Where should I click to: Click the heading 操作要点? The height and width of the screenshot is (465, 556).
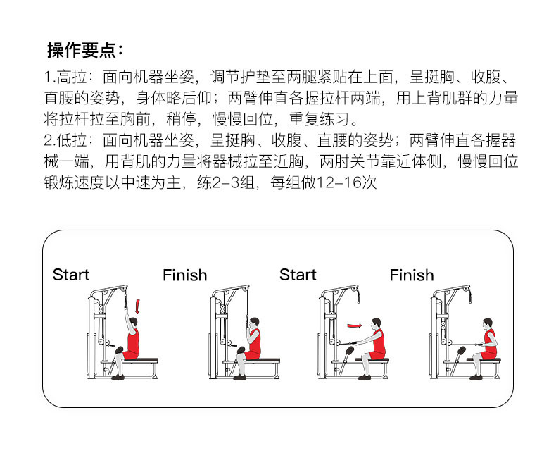(84, 51)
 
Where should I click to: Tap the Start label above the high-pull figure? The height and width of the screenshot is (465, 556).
(71, 275)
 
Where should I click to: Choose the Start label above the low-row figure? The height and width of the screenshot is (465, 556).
(298, 275)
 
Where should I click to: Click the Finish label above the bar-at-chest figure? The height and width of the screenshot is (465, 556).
(184, 275)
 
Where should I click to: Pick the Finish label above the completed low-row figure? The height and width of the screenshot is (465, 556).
(412, 275)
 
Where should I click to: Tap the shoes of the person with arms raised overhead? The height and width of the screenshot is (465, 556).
(118, 377)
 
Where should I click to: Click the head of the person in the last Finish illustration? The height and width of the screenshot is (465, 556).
(488, 323)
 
